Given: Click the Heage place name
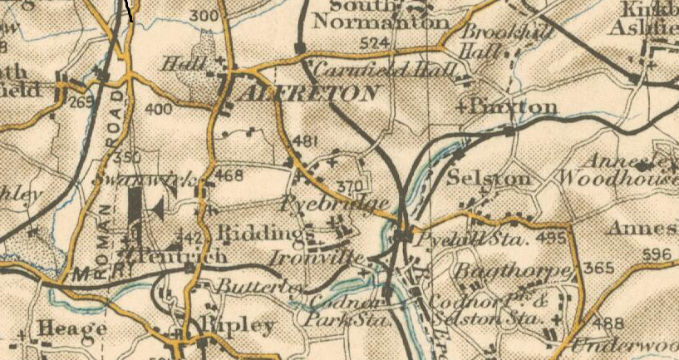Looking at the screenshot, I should click(74, 328).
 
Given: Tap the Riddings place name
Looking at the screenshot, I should click(257, 233).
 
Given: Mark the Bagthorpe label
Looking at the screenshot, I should click(513, 272).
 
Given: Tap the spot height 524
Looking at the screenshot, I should click(376, 42).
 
